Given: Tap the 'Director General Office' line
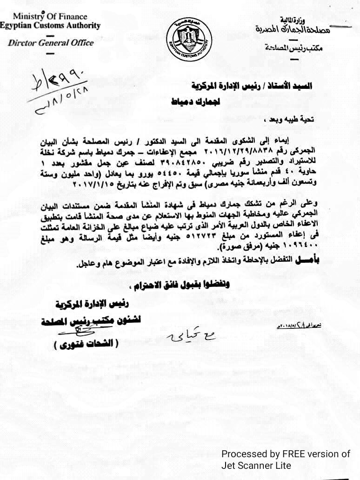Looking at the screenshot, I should pyautogui.click(x=51, y=43).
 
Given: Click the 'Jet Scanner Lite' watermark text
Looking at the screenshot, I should pyautogui.click(x=256, y=466).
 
